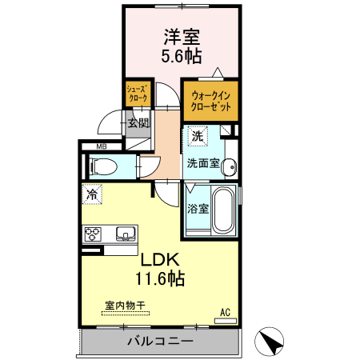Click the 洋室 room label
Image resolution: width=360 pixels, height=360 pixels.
(182, 37)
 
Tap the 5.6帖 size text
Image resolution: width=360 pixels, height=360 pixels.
(182, 56)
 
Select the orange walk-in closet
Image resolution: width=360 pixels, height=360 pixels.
(210, 101)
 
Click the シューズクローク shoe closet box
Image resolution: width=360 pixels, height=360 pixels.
(137, 94)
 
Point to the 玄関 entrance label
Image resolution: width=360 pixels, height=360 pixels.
(138, 123)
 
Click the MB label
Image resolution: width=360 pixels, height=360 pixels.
(102, 146)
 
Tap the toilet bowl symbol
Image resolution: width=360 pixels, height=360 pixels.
(105, 166)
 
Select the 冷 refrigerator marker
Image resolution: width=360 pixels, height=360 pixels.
(93, 193)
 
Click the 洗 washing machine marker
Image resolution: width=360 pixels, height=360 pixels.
(198, 135)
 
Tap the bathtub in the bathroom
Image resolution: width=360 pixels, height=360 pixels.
(223, 209)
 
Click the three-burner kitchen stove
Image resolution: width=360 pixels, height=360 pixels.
(94, 234)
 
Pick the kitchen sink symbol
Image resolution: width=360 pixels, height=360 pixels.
(124, 234)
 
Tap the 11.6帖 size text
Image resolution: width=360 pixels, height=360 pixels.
(160, 279)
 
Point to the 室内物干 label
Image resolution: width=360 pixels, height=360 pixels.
(125, 306)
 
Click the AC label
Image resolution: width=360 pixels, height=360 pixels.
(225, 312)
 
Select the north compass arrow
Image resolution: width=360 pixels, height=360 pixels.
(272, 342)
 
